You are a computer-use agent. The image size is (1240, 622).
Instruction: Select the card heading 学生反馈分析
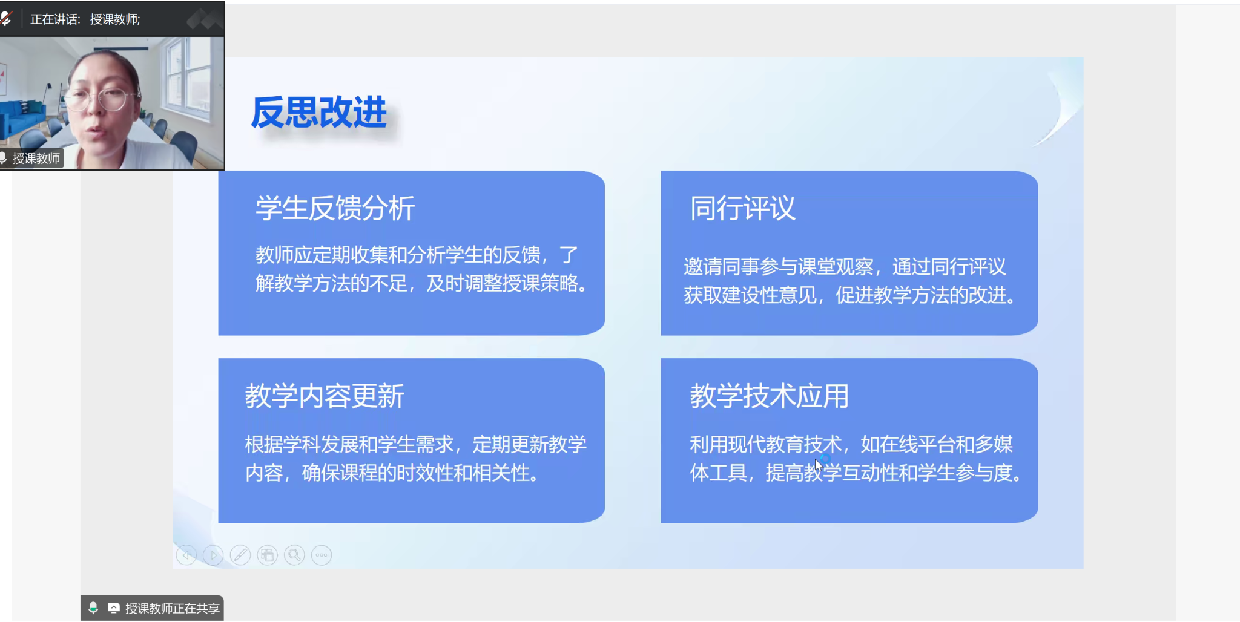click(x=335, y=208)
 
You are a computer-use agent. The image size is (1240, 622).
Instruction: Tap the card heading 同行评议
click(x=742, y=208)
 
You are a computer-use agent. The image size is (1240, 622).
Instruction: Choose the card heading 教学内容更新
click(x=325, y=396)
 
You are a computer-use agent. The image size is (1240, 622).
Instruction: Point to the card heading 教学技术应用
click(x=769, y=396)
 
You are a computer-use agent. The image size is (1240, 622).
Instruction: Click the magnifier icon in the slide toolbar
click(x=294, y=555)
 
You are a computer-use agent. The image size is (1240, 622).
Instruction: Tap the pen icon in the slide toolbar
click(x=240, y=555)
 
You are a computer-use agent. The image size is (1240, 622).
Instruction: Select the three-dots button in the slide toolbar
click(x=322, y=555)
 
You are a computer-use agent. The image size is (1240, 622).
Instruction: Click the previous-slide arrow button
click(x=186, y=555)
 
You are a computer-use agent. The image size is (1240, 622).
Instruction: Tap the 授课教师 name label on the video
click(x=36, y=159)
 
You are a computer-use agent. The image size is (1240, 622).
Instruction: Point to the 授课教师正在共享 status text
click(x=172, y=608)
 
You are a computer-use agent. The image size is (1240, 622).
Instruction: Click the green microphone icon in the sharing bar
click(x=93, y=608)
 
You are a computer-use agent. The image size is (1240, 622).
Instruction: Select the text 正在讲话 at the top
click(x=54, y=19)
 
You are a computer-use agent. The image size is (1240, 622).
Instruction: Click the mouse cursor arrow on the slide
click(x=819, y=465)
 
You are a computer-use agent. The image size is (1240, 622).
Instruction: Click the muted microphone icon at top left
click(x=6, y=19)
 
